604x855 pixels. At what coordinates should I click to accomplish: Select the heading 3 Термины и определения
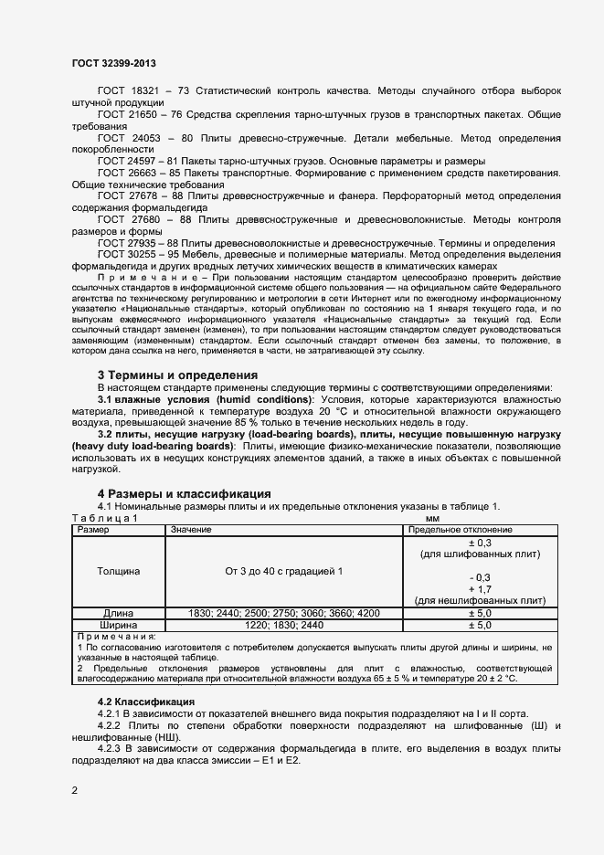(x=176, y=375)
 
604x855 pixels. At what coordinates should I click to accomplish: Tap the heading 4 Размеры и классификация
(x=184, y=494)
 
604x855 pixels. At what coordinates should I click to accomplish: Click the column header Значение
(x=191, y=530)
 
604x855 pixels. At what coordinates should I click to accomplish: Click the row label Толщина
(x=119, y=571)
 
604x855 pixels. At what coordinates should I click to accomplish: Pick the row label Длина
(x=119, y=613)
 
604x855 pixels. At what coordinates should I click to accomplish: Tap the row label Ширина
(x=119, y=625)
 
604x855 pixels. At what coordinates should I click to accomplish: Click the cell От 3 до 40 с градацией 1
(x=283, y=571)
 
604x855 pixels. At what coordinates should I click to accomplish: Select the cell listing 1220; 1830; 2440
(x=283, y=625)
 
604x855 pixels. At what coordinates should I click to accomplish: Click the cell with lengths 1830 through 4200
(x=283, y=613)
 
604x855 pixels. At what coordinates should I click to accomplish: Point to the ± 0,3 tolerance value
(x=479, y=542)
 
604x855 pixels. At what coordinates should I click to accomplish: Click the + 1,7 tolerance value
(x=479, y=589)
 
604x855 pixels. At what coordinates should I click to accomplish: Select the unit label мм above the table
(x=420, y=518)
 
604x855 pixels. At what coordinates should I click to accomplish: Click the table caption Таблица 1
(x=104, y=518)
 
